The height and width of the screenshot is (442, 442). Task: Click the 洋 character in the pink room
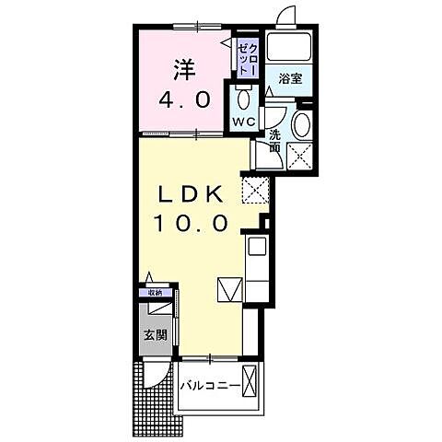[x=185, y=70]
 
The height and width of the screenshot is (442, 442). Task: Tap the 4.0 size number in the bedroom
[x=185, y=100]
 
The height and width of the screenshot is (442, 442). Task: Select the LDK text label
[x=191, y=194]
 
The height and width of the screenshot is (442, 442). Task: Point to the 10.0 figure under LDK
[x=192, y=223]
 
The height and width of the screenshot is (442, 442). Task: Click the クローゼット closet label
[x=248, y=59]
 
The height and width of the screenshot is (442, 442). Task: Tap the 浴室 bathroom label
[x=290, y=79]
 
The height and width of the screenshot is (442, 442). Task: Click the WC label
[x=243, y=122]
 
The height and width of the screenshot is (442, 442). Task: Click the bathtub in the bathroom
[x=289, y=47]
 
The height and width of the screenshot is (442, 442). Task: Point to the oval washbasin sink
[x=301, y=125]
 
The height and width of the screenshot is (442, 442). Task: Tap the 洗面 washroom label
[x=275, y=141]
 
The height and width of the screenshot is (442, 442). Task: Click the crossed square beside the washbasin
[x=299, y=157]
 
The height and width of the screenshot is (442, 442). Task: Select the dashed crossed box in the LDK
[x=255, y=190]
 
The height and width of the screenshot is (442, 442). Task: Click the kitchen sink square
[x=257, y=246]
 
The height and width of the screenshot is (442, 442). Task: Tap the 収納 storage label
[x=155, y=293]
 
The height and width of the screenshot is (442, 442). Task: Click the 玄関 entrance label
[x=156, y=335]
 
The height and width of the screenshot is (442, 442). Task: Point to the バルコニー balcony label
[x=210, y=385]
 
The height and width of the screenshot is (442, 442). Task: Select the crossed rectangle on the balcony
[x=249, y=380]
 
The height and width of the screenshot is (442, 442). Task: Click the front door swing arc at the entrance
[x=165, y=379]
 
